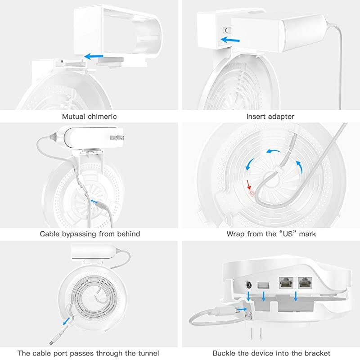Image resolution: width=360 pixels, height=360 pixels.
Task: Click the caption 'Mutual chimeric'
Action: [89, 117]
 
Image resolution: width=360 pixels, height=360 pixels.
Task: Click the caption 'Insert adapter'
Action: [270, 117]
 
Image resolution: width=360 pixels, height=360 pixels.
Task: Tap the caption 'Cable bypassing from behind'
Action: [90, 234]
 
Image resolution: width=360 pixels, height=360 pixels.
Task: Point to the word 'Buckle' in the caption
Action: [225, 353]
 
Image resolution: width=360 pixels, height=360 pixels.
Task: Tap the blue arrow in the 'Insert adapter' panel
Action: [229, 40]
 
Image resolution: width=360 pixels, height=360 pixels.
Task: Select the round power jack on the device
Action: [248, 285]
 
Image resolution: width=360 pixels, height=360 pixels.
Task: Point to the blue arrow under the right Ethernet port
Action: [296, 297]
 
